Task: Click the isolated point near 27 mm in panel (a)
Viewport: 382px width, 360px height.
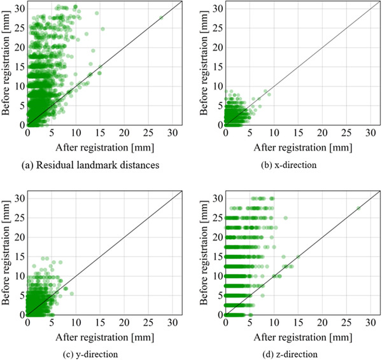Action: (161, 18)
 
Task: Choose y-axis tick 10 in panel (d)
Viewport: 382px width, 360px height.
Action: (217, 275)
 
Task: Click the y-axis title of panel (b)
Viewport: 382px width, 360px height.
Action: (205, 62)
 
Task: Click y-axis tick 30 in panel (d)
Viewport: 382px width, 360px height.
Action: (217, 197)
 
